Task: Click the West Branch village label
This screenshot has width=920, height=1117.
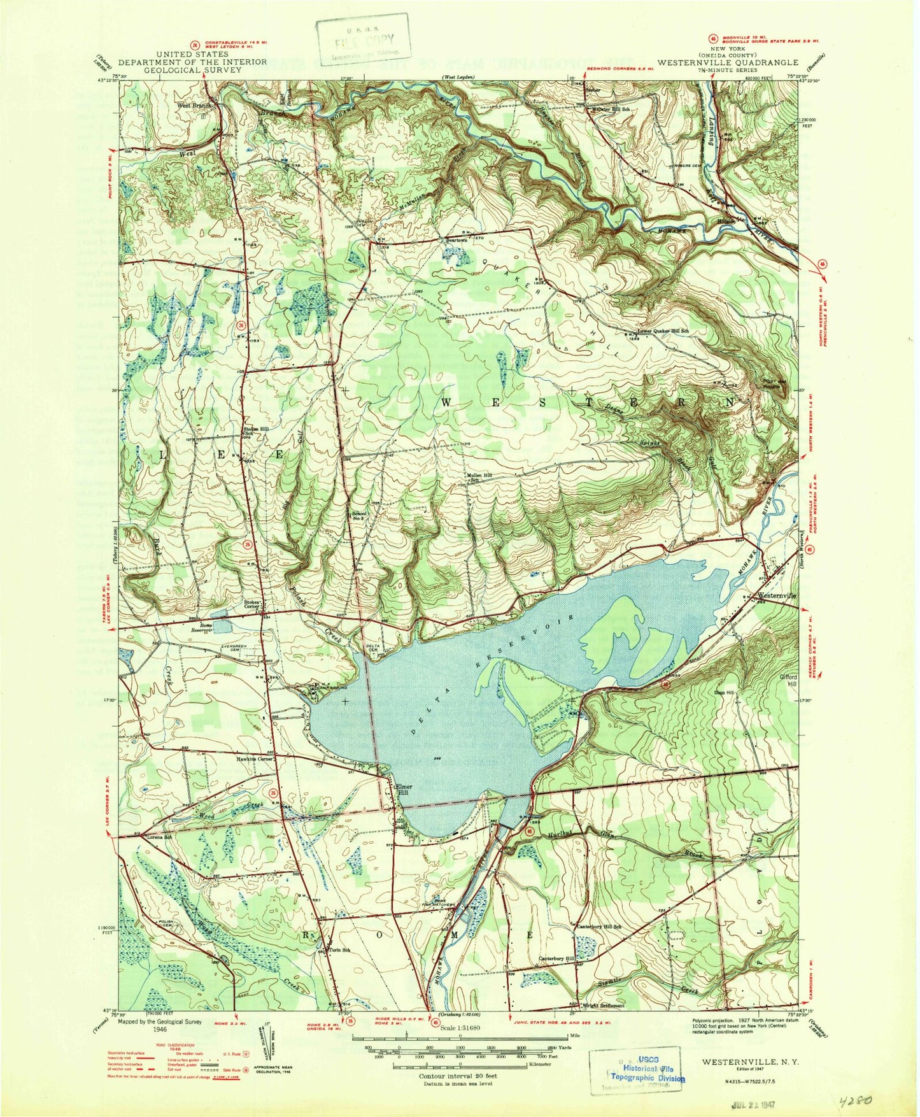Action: pos(192,106)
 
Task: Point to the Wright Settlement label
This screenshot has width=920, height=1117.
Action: pos(602,1006)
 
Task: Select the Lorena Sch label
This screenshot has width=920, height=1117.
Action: pos(159,836)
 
